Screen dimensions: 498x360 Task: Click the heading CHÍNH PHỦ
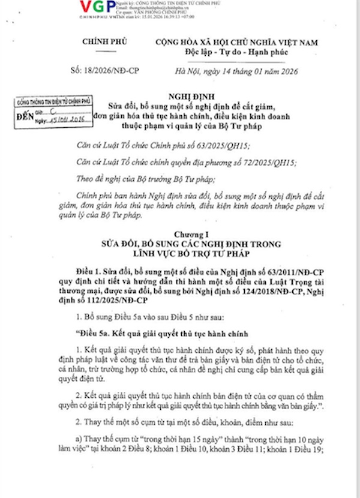tap(99, 43)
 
